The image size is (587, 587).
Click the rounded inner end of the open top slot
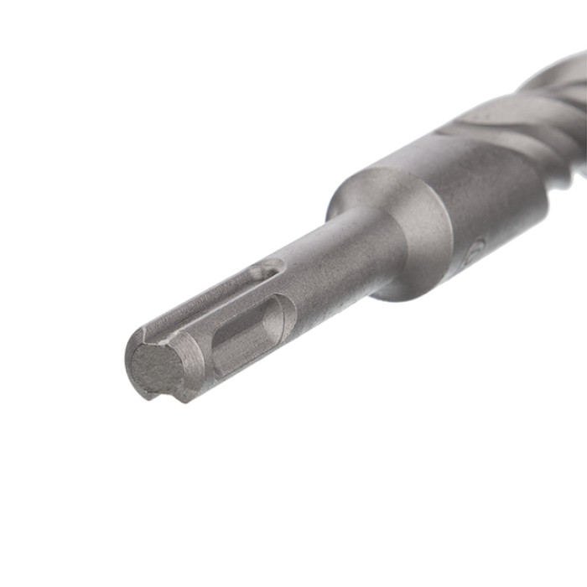273,270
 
